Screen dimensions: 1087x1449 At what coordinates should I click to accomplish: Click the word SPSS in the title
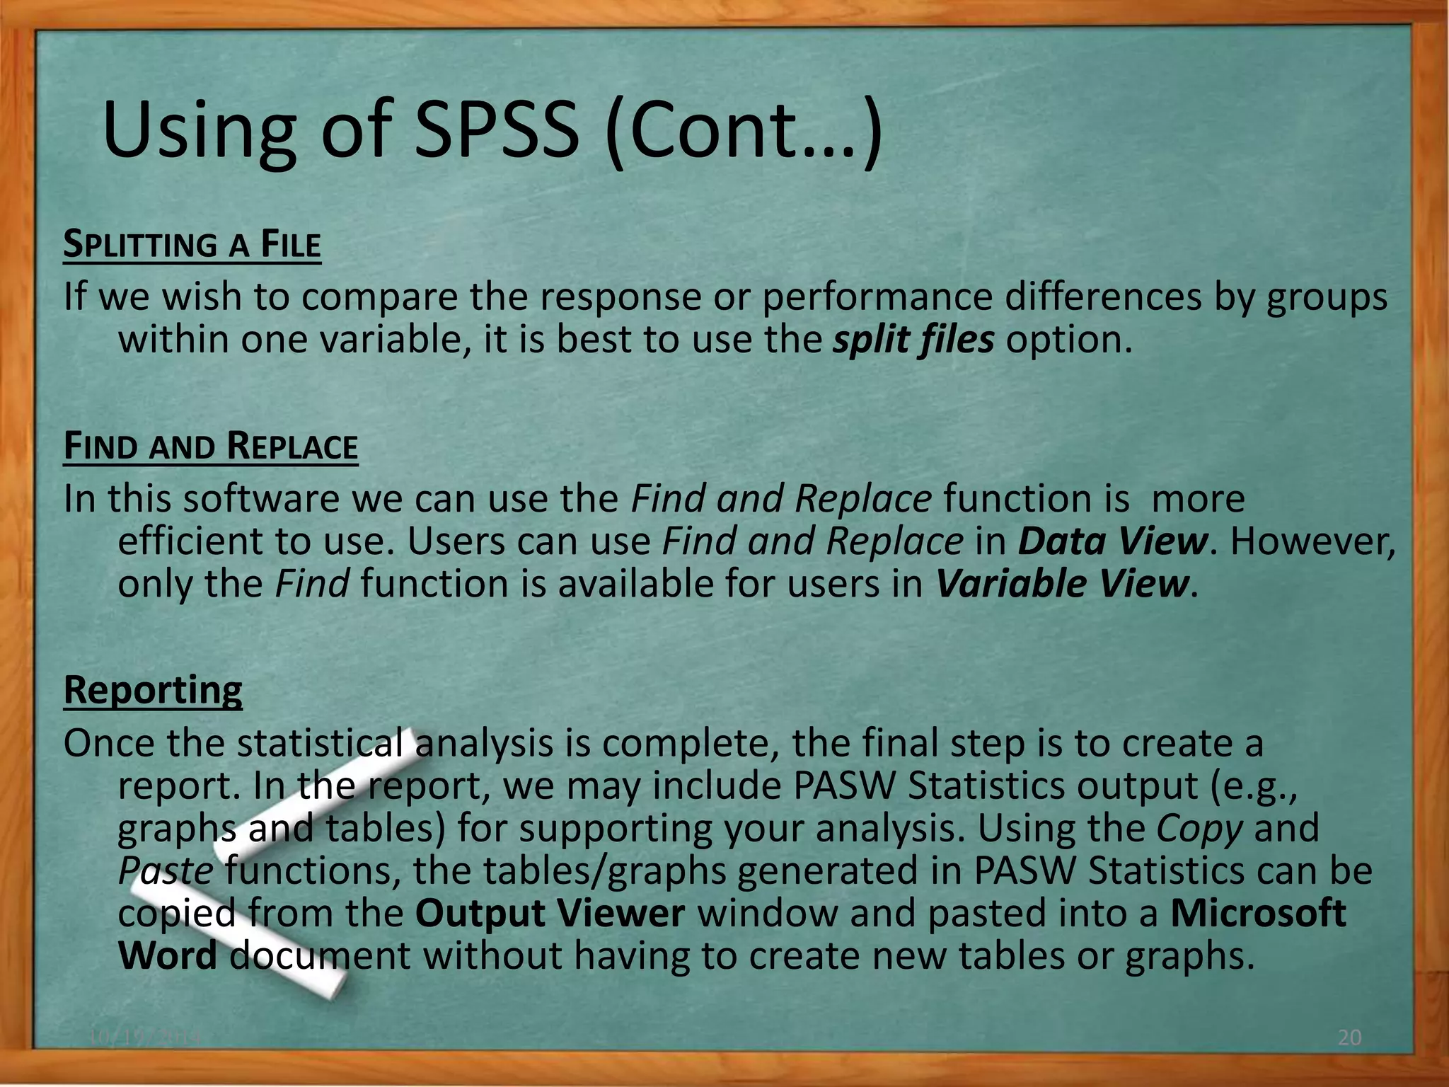496,131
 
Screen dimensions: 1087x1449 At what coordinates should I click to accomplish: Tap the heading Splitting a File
192,245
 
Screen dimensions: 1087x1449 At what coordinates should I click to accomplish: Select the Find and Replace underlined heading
211,447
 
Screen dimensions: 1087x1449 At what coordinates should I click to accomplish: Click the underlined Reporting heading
153,689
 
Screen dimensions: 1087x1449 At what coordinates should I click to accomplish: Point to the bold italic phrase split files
913,340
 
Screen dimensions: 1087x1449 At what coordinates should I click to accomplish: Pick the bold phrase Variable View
1061,584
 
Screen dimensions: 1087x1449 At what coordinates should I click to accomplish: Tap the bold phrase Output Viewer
550,913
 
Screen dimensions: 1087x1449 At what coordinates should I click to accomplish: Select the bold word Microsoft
1258,913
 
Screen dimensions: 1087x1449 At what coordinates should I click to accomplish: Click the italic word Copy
1200,828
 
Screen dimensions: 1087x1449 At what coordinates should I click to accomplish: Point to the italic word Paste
165,870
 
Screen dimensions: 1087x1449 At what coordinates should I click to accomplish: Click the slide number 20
1350,1037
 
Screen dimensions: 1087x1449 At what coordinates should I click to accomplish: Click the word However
1313,541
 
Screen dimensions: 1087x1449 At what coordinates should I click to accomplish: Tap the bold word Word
168,955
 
